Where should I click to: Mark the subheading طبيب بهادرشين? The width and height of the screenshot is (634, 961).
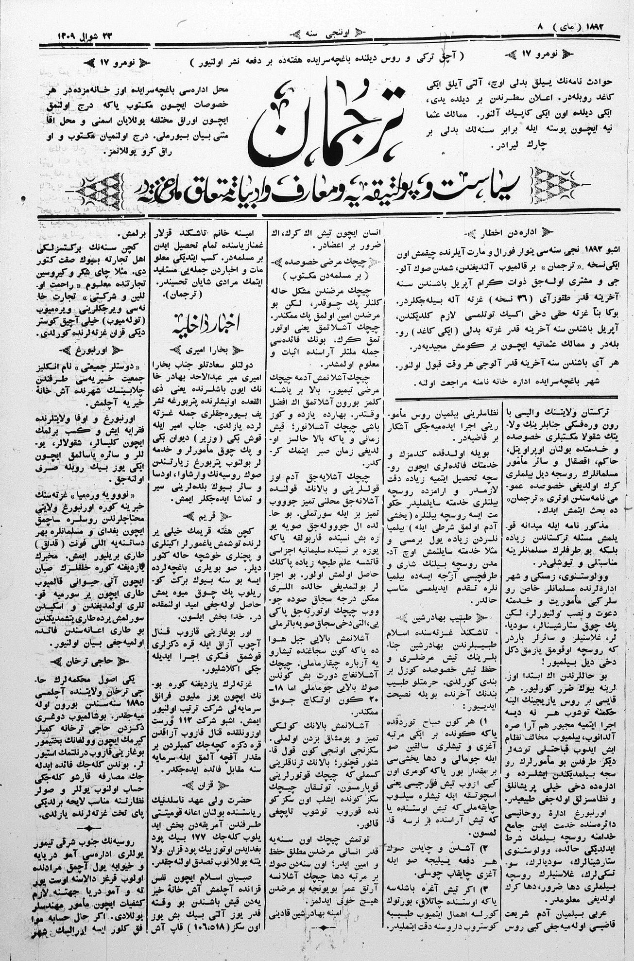click(x=440, y=619)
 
